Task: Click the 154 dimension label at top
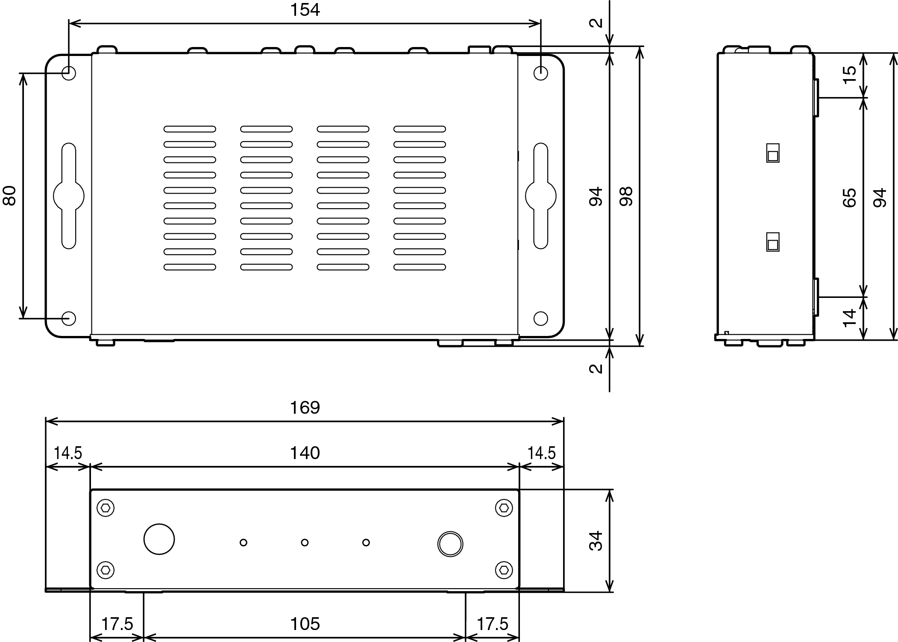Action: [305, 10]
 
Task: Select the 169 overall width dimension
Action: [305, 407]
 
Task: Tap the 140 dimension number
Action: [305, 453]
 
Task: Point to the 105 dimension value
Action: [305, 624]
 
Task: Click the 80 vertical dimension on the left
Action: [9, 196]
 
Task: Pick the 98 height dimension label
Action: [626, 196]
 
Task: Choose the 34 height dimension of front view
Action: [596, 540]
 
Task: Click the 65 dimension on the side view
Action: [850, 197]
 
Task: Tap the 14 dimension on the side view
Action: [850, 318]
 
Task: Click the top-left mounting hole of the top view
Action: [69, 73]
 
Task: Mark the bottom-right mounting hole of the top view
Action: [541, 318]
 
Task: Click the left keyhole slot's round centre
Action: [69, 196]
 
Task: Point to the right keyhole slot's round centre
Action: [541, 196]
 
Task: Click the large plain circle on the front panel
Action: [159, 539]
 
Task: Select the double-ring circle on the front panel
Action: [450, 544]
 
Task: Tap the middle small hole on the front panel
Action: [305, 542]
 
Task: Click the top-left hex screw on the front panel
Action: [106, 508]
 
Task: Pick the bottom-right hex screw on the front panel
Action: [504, 570]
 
